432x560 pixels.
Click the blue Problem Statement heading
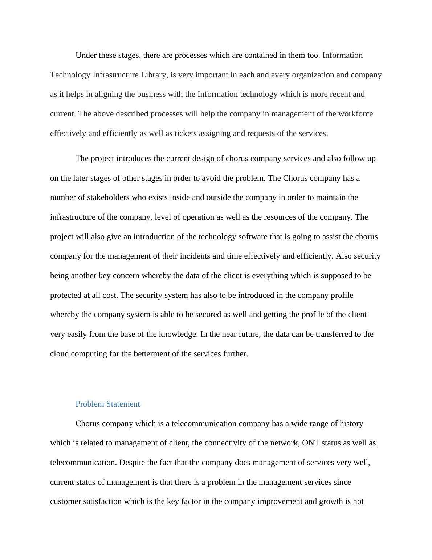pyautogui.click(x=107, y=404)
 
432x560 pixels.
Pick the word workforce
pyautogui.click(x=355, y=114)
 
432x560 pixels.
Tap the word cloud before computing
pyautogui.click(x=60, y=354)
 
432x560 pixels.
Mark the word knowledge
pyautogui.click(x=178, y=334)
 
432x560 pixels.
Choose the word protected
pyautogui.click(x=66, y=295)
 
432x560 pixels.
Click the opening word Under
pyautogui.click(x=86, y=55)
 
